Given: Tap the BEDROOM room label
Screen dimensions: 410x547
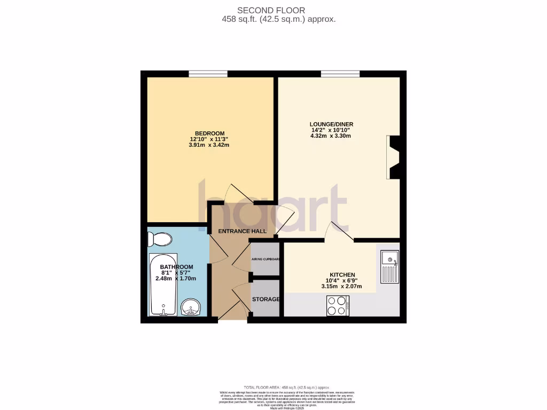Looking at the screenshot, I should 209,133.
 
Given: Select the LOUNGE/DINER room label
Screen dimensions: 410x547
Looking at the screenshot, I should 332,124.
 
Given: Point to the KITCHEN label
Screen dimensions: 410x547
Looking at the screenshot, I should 342,275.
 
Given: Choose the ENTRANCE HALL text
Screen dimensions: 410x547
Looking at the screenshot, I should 242,231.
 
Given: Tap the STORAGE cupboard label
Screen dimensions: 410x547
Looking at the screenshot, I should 266,299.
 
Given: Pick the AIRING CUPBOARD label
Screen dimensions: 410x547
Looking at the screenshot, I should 266,260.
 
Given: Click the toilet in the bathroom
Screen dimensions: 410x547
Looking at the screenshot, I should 160,239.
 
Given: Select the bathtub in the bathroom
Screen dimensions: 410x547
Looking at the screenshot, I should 162,285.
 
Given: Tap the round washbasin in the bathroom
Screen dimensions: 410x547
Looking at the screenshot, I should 190,307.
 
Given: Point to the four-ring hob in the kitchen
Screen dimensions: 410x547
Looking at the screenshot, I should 338,305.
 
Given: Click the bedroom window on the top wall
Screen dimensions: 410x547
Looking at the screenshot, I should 208,74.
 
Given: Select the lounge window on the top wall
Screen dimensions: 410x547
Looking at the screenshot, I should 340,74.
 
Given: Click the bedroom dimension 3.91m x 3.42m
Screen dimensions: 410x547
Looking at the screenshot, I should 209,145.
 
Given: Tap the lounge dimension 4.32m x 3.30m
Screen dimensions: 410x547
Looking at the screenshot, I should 331,136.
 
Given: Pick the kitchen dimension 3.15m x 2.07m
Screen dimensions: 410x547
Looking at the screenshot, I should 341,287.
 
